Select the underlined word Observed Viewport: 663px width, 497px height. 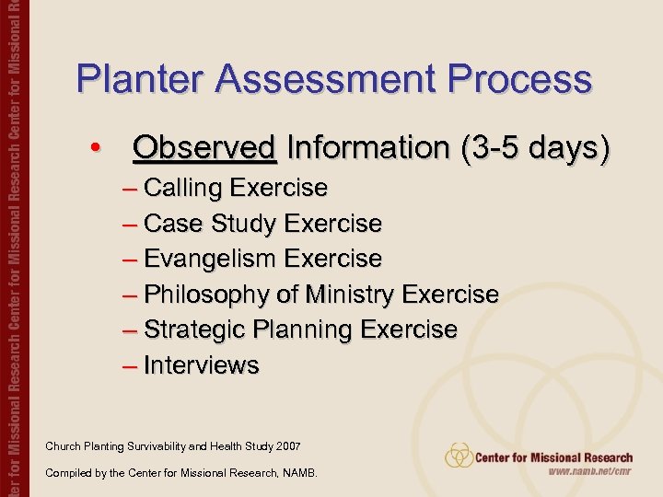pos(204,147)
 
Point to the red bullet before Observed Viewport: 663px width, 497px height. pos(95,148)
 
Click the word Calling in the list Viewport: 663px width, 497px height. pos(183,188)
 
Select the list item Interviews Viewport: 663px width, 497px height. pos(202,365)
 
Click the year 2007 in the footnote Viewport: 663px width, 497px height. pos(287,446)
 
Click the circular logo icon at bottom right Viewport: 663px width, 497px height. pos(459,455)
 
